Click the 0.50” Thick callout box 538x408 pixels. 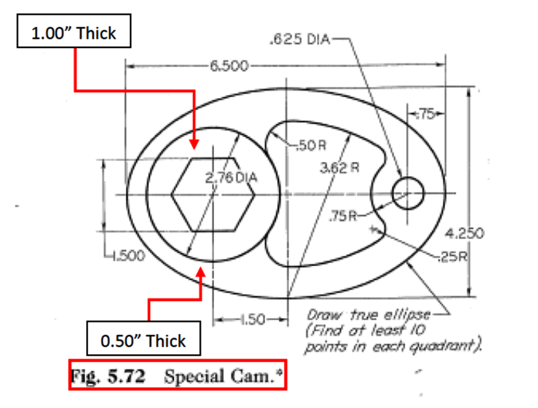click(144, 341)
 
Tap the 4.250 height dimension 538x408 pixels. click(465, 233)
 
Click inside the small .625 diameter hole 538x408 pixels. click(407, 193)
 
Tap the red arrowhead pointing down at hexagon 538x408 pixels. click(194, 143)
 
